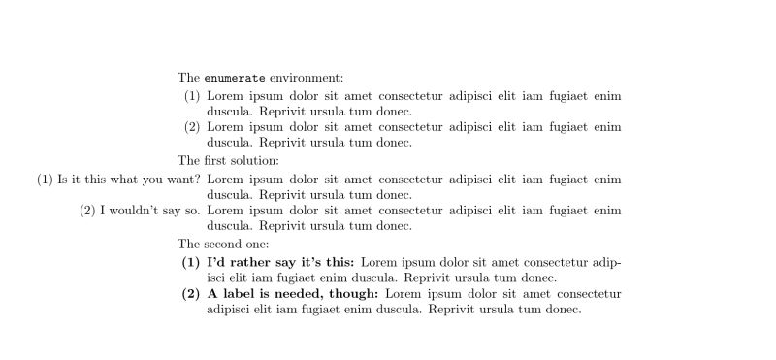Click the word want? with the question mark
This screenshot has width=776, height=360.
point(182,179)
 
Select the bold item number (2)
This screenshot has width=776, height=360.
point(191,293)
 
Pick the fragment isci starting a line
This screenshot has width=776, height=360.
point(218,278)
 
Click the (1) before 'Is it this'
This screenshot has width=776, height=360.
point(46,179)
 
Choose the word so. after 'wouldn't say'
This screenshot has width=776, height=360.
point(193,210)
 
